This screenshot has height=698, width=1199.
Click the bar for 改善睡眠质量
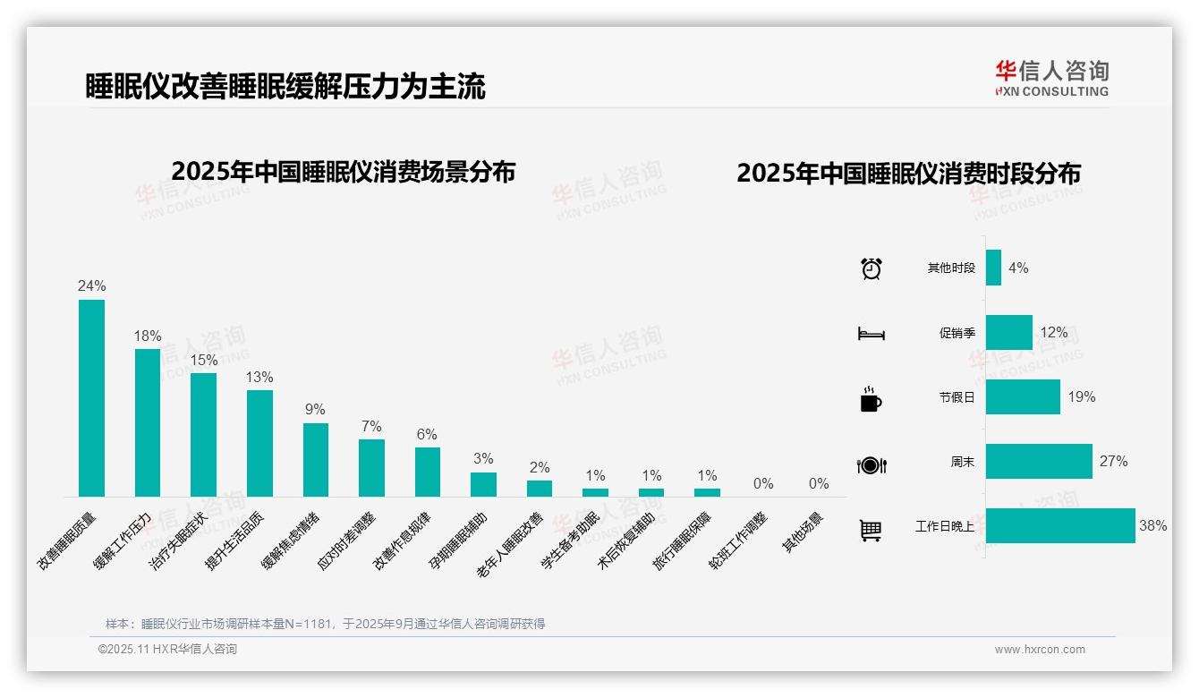coord(91,398)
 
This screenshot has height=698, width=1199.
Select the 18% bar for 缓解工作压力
coord(148,422)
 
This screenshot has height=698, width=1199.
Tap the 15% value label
coord(203,360)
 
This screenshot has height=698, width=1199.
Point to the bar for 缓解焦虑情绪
coord(316,459)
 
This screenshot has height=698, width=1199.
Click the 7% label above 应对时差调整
coord(371,426)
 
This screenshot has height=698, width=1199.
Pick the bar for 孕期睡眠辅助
coord(483,484)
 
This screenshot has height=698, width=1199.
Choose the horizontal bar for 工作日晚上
coord(1060,526)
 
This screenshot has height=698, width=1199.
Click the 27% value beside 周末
coord(1113,462)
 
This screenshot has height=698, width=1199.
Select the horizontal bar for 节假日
coord(1023,397)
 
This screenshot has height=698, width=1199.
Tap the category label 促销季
coord(957,333)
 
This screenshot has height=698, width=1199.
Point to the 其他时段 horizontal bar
coord(993,268)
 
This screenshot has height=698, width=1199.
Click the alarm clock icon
coord(871,268)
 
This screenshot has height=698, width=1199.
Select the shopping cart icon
coord(871,530)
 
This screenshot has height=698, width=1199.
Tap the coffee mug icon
coord(871,400)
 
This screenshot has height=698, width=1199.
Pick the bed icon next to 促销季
coord(871,334)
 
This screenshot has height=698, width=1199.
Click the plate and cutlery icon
coord(871,465)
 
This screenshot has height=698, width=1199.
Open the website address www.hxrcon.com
coord(1039,650)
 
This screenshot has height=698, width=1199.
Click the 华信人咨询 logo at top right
coord(1051,78)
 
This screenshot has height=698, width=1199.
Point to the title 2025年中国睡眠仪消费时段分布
coord(908,174)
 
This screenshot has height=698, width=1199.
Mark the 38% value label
coord(1152,526)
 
